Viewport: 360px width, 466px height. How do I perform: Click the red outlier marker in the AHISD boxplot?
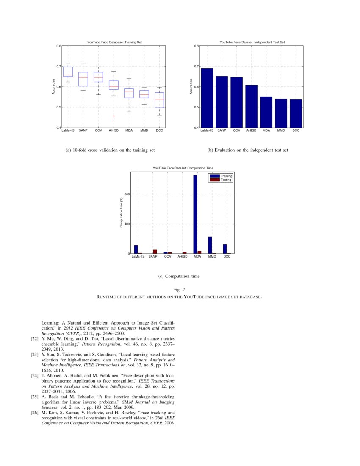(x=114, y=116)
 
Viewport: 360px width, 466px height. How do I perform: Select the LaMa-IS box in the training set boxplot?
(x=68, y=72)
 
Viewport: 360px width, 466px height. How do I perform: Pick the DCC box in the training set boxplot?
(x=159, y=100)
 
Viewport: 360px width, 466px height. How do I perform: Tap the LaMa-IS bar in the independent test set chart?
(x=207, y=97)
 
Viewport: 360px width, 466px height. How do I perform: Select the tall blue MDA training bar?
(x=195, y=214)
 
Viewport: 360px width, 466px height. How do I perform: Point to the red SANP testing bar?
(x=155, y=251)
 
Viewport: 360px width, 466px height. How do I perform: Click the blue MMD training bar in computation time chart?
(x=210, y=245)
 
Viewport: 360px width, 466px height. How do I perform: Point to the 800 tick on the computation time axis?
(x=126, y=194)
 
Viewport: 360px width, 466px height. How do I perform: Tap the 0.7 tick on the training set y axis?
(x=58, y=67)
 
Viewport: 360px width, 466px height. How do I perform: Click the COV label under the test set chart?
(x=236, y=130)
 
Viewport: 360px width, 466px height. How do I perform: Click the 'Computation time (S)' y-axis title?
(x=121, y=213)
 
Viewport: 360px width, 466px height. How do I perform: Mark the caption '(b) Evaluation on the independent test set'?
(x=248, y=150)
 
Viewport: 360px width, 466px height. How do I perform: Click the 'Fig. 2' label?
(x=179, y=289)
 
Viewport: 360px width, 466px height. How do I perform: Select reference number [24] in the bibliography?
(x=35, y=375)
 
